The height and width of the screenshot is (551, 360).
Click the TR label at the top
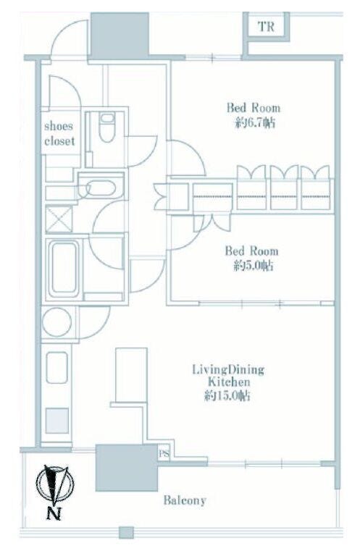(x=266, y=26)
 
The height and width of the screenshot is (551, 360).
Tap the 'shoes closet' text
(x=59, y=133)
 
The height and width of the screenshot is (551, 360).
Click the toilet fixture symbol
(x=106, y=127)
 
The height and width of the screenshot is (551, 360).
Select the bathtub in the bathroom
(x=64, y=269)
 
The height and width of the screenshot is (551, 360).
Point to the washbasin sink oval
(x=101, y=188)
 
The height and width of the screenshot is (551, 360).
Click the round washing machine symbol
(x=56, y=322)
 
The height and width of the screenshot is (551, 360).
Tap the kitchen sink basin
(x=56, y=367)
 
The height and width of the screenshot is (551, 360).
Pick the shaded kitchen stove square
(x=56, y=420)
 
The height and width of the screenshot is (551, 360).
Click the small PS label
(x=164, y=454)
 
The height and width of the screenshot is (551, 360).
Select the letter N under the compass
(x=54, y=514)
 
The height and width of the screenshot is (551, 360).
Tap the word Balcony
(x=185, y=500)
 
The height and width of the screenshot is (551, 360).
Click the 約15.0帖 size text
(x=227, y=396)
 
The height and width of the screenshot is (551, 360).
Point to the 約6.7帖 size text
(x=255, y=123)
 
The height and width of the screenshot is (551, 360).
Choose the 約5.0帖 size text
(x=253, y=266)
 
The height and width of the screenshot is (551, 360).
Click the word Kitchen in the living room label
(x=229, y=382)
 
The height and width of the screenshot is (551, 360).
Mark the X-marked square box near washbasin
(x=59, y=219)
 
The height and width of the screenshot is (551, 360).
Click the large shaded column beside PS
(x=127, y=467)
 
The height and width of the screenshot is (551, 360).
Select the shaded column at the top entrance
(x=120, y=35)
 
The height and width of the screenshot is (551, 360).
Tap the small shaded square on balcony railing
(x=126, y=532)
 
